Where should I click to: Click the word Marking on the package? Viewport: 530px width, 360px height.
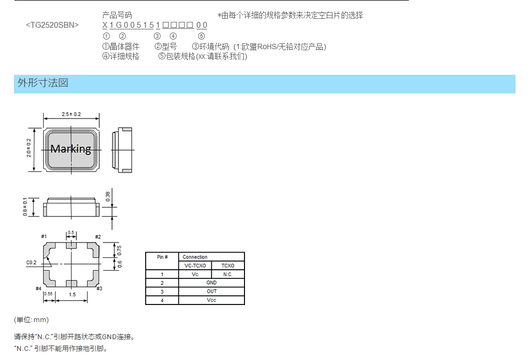point(70,149)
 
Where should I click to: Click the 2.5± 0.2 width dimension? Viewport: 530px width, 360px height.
point(72,114)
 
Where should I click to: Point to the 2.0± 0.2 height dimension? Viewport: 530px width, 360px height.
point(29,148)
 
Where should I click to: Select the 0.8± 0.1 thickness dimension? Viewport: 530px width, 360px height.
point(25,207)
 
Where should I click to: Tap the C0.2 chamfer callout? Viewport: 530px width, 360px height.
point(31,263)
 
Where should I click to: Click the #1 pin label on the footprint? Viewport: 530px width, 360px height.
point(44,237)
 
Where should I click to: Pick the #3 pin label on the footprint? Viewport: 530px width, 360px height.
point(99,288)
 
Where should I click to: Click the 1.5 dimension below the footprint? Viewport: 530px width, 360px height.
point(73,294)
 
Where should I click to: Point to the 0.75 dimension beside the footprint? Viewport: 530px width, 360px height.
point(119,251)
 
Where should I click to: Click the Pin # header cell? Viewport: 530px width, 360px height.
point(162,257)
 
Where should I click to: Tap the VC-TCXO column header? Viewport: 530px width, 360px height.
point(195,266)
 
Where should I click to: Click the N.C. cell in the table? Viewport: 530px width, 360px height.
point(228,275)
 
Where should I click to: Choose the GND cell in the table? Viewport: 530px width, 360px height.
point(211,283)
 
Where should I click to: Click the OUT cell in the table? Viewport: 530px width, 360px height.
point(211,291)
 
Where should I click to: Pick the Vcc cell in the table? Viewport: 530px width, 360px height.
point(211,300)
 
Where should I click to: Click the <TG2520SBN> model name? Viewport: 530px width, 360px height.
point(52,25)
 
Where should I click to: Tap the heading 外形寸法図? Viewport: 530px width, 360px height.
point(43,83)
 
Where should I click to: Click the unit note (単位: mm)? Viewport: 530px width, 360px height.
point(31,320)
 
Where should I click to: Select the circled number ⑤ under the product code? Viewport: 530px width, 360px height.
point(201,36)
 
